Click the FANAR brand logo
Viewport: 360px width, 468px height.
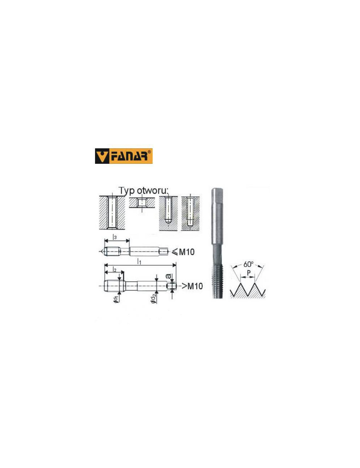123,156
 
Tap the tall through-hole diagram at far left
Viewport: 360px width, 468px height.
112,213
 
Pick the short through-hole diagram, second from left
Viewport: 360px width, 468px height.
142,203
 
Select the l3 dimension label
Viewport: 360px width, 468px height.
115,237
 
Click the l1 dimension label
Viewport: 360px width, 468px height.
139,262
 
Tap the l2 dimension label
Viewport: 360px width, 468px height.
114,270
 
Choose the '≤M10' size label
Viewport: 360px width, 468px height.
183,252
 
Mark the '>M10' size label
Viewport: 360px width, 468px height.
192,286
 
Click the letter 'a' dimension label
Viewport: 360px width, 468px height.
168,276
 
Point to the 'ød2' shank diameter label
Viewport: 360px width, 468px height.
154,298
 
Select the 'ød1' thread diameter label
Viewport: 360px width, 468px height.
116,299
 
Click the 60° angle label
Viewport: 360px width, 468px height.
248,265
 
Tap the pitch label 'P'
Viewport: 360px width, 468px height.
248,273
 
